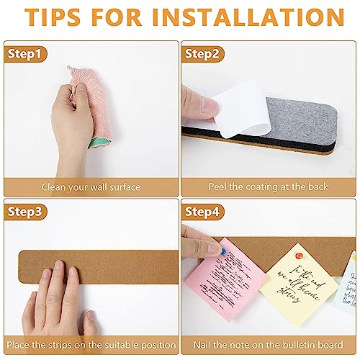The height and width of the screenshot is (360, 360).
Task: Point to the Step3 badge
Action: pos(24,212)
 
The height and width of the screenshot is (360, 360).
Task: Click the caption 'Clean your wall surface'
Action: pos(90,187)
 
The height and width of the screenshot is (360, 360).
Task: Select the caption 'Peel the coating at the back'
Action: pos(269,187)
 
